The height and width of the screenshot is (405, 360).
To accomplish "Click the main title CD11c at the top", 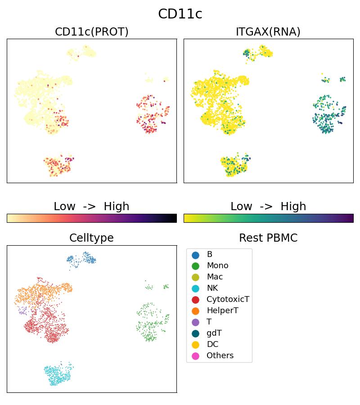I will pyautogui.click(x=180, y=14).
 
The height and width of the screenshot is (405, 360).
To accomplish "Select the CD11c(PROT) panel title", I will pyautogui.click(x=91, y=32).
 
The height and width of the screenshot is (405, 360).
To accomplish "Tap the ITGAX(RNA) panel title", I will pyautogui.click(x=268, y=32).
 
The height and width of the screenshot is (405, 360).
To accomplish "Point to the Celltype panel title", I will pyautogui.click(x=91, y=238).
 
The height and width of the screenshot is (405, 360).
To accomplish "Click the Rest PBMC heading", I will pyautogui.click(x=268, y=238).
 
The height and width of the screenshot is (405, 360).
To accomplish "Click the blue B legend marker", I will pyautogui.click(x=195, y=255).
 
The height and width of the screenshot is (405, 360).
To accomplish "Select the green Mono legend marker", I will pyautogui.click(x=195, y=266).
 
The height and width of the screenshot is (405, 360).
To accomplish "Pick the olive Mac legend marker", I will pyautogui.click(x=195, y=277).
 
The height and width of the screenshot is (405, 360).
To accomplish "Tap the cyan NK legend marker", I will pyautogui.click(x=195, y=288).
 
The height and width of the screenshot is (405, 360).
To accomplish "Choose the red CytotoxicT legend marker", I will pyautogui.click(x=195, y=300).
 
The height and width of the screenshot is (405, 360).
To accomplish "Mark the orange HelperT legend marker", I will pyautogui.click(x=195, y=311).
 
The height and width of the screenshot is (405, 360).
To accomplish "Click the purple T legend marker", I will pyautogui.click(x=195, y=322).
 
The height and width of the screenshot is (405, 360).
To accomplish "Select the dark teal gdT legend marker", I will pyautogui.click(x=195, y=333).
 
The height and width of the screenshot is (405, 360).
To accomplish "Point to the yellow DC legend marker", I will pyautogui.click(x=195, y=345).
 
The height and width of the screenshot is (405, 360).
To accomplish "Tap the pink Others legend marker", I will pyautogui.click(x=195, y=356).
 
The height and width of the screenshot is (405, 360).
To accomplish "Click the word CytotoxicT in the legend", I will pyautogui.click(x=228, y=300).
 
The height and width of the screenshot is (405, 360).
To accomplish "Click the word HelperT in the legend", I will pyautogui.click(x=222, y=311).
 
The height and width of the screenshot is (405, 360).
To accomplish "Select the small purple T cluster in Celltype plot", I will pyautogui.click(x=22, y=310).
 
